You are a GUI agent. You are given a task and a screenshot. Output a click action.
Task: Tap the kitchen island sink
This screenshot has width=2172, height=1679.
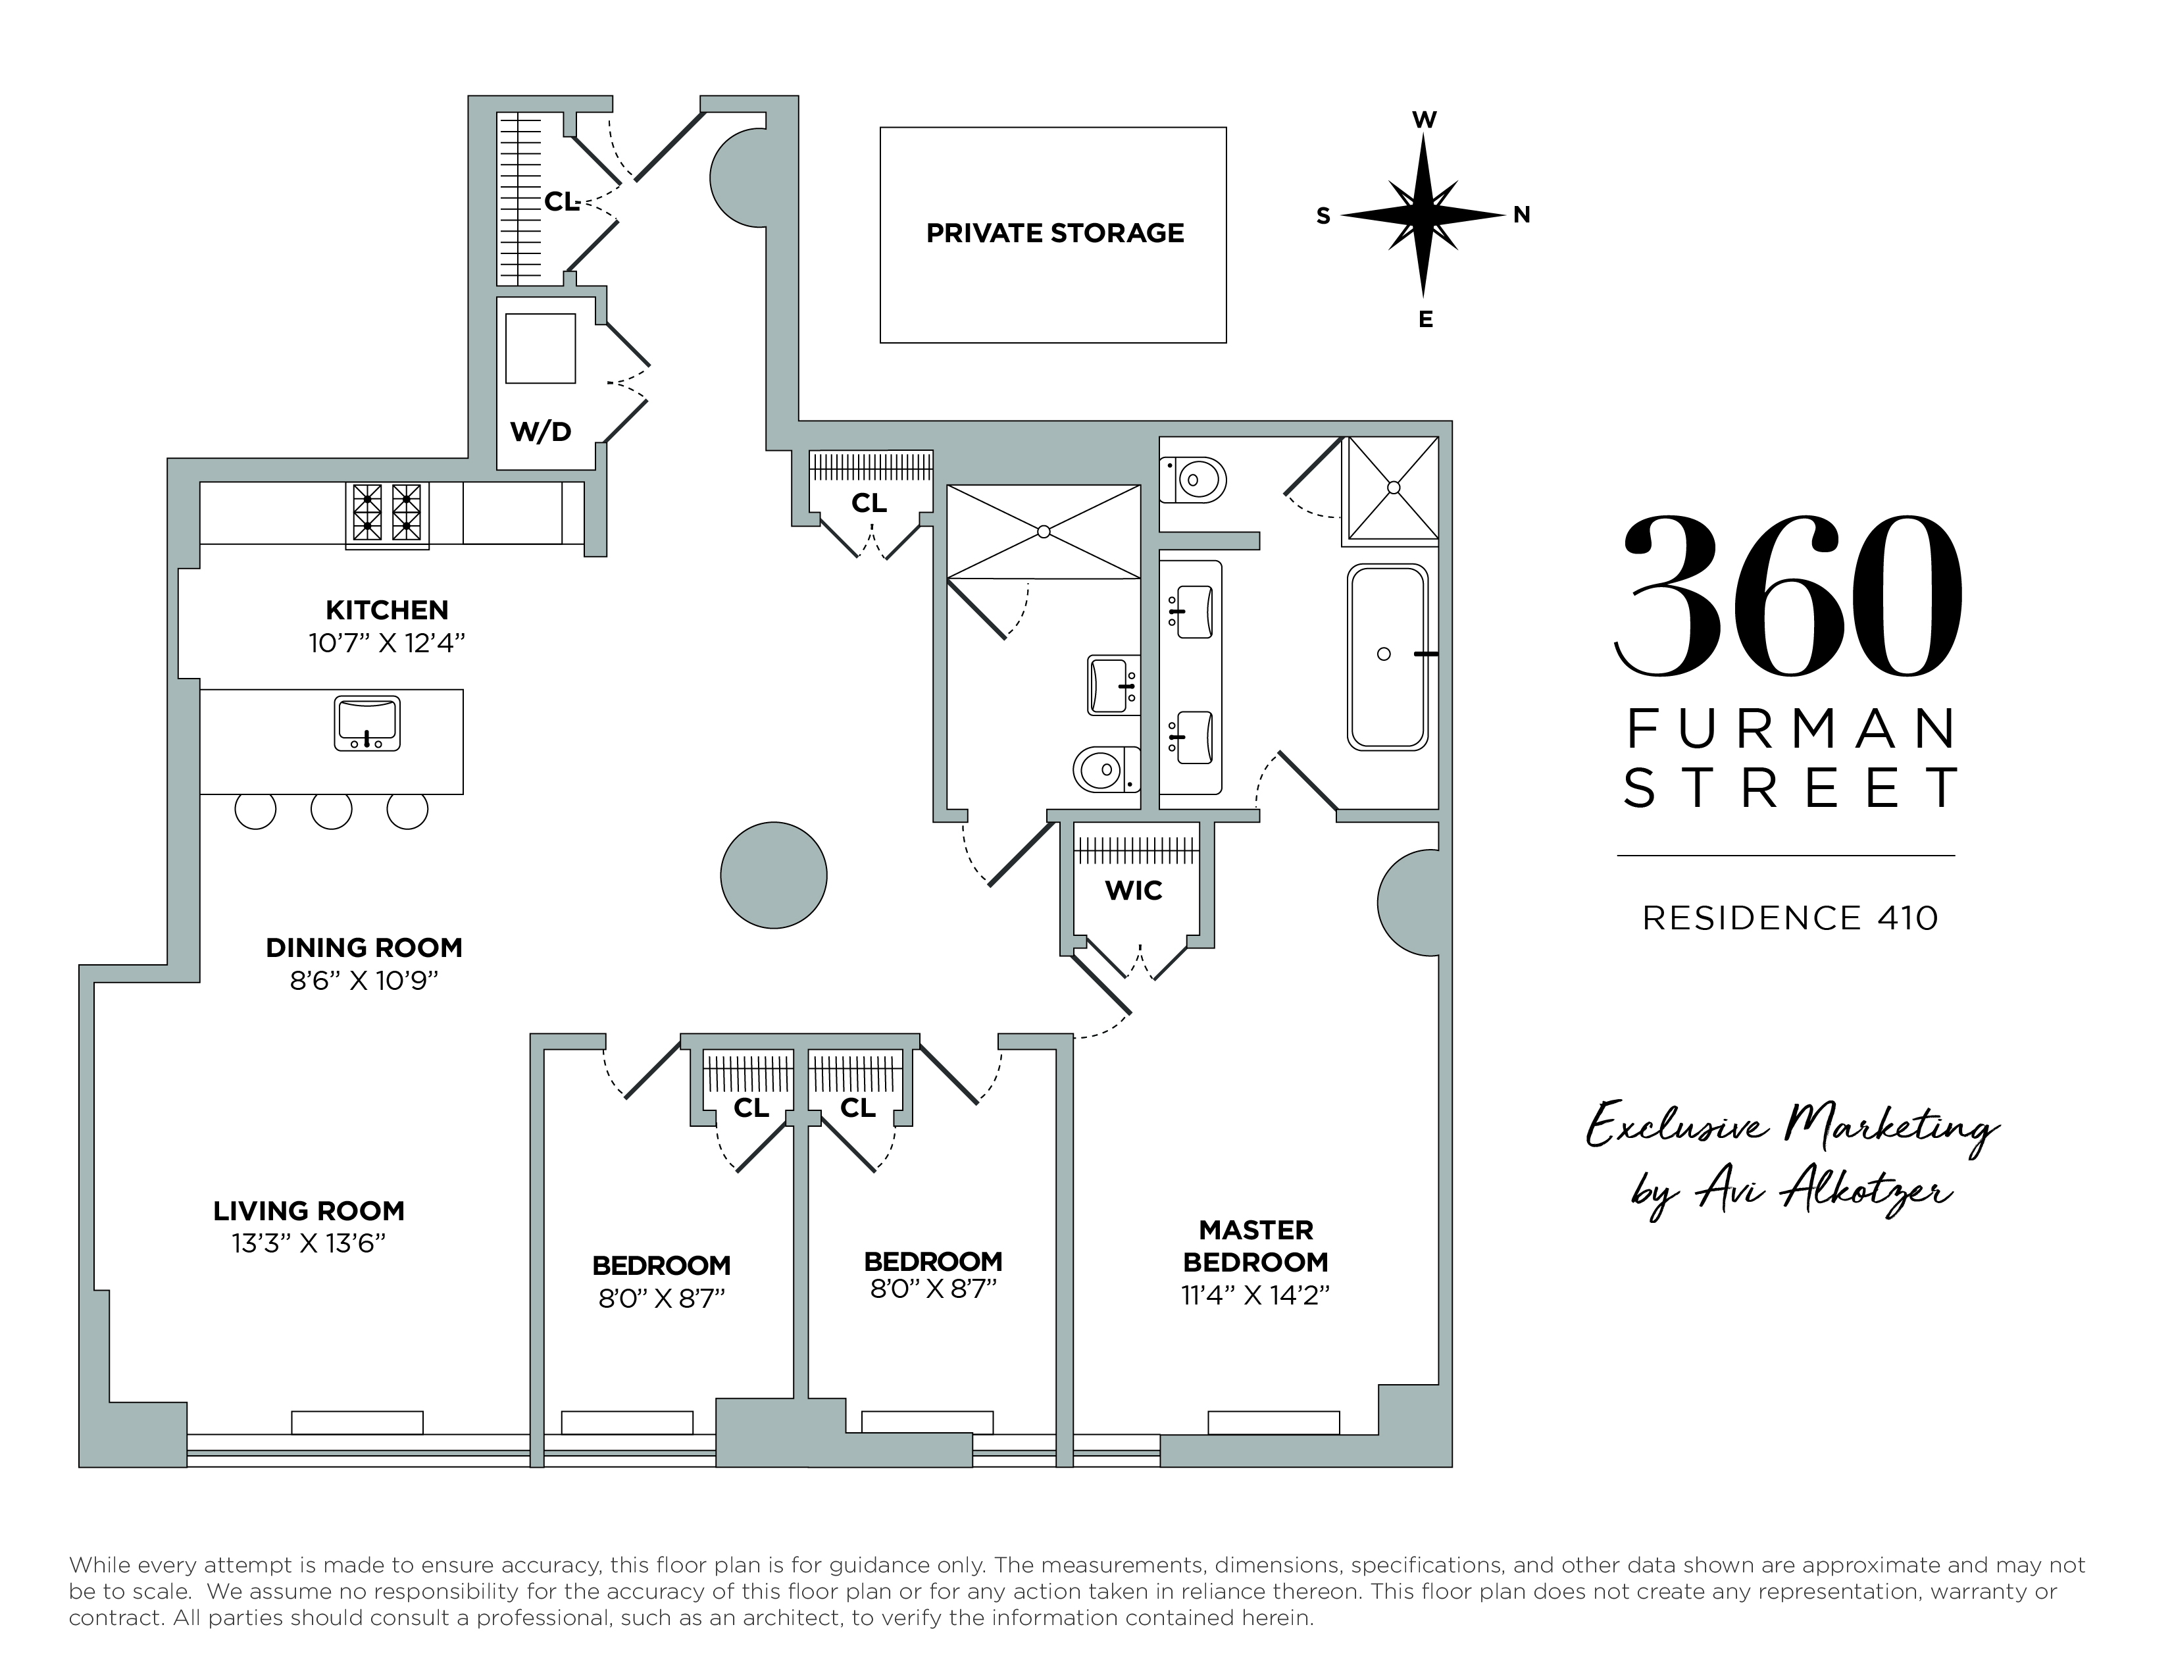tap(367, 723)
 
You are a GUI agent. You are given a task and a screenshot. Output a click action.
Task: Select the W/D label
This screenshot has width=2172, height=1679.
tap(540, 432)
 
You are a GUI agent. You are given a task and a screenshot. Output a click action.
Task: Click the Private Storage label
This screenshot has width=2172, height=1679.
tap(1054, 234)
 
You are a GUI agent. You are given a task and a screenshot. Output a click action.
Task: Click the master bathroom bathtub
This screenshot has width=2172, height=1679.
tap(1387, 656)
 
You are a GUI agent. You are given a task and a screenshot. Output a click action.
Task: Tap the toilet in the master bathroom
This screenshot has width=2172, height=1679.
tap(1194, 480)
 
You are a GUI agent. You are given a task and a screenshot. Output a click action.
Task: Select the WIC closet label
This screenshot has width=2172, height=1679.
tap(1134, 891)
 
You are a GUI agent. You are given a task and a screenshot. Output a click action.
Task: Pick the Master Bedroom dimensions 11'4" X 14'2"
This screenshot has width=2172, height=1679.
tap(1255, 1294)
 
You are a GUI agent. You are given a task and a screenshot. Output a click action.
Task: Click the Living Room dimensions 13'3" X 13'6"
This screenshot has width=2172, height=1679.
tap(309, 1243)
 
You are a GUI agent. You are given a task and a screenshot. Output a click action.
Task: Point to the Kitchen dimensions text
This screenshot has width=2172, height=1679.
tap(387, 644)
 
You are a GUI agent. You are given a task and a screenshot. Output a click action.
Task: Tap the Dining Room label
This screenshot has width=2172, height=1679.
tap(364, 948)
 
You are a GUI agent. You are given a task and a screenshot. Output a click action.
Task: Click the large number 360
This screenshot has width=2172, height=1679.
tap(1788, 597)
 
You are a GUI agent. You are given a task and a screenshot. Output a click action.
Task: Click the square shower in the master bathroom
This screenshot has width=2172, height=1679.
tap(1392, 488)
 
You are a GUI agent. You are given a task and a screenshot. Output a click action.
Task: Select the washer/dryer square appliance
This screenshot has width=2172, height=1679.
tap(540, 348)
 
